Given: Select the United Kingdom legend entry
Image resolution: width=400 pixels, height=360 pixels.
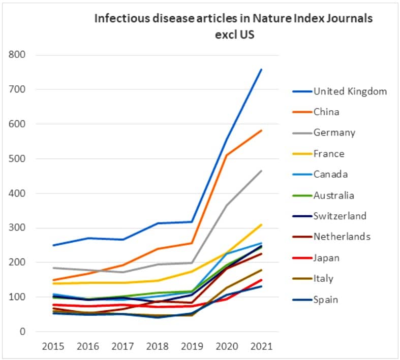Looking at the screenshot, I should (350, 91).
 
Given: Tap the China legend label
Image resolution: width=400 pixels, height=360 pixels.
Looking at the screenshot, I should (326, 112).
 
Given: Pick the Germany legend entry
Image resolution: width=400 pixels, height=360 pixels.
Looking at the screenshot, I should (334, 133).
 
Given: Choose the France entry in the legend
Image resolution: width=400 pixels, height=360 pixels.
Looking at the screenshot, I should (328, 154).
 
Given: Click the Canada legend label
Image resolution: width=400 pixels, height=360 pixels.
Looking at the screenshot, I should (330, 175).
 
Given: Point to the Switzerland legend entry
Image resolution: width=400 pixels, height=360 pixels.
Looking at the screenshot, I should (340, 216).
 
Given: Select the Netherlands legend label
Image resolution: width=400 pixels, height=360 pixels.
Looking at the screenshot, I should (342, 237).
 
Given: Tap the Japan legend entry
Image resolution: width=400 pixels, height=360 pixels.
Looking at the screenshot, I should (326, 258).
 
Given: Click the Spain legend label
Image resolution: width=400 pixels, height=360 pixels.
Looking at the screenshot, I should (325, 300).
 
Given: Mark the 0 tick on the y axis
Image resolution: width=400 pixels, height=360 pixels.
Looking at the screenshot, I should (22, 332).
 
